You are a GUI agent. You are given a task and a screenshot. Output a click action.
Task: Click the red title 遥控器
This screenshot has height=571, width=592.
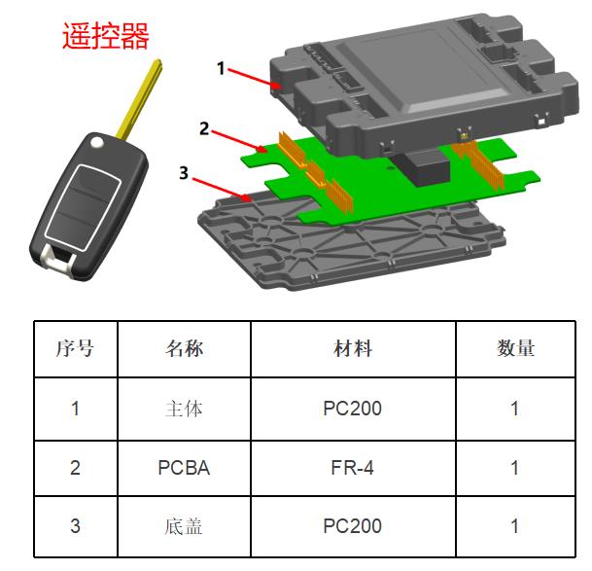click(x=106, y=35)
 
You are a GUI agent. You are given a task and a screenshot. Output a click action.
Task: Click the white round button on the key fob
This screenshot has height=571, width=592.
click(x=97, y=142)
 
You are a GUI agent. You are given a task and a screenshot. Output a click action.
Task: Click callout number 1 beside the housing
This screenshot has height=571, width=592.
click(x=221, y=69)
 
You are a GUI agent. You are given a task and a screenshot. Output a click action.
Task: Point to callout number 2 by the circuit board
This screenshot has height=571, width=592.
click(x=204, y=128)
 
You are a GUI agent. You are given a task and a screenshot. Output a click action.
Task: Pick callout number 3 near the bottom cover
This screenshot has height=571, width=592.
click(x=184, y=173)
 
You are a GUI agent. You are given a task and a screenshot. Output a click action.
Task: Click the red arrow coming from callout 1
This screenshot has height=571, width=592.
click(x=255, y=78)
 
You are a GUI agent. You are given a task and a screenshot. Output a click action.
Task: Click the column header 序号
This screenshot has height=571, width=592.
click(x=75, y=348)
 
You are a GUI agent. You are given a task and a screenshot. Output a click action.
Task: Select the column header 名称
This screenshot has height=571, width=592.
click(x=184, y=348)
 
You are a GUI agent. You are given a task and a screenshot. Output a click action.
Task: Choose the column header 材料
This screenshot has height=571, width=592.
click(x=353, y=348)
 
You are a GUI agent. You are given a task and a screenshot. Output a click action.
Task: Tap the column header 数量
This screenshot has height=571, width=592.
click(x=516, y=348)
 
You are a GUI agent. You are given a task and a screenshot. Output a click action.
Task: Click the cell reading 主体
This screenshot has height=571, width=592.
click(x=184, y=409)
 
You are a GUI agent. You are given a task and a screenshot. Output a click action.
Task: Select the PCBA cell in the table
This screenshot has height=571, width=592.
click(x=184, y=468)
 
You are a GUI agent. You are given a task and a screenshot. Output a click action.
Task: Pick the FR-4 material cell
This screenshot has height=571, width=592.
click(x=353, y=468)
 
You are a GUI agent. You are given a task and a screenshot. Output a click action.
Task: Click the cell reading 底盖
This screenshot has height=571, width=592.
click(x=184, y=526)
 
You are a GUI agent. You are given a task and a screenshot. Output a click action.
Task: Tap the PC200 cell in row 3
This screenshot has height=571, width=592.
click(x=353, y=526)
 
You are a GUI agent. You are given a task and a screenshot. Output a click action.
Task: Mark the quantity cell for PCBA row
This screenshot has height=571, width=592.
click(x=514, y=468)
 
